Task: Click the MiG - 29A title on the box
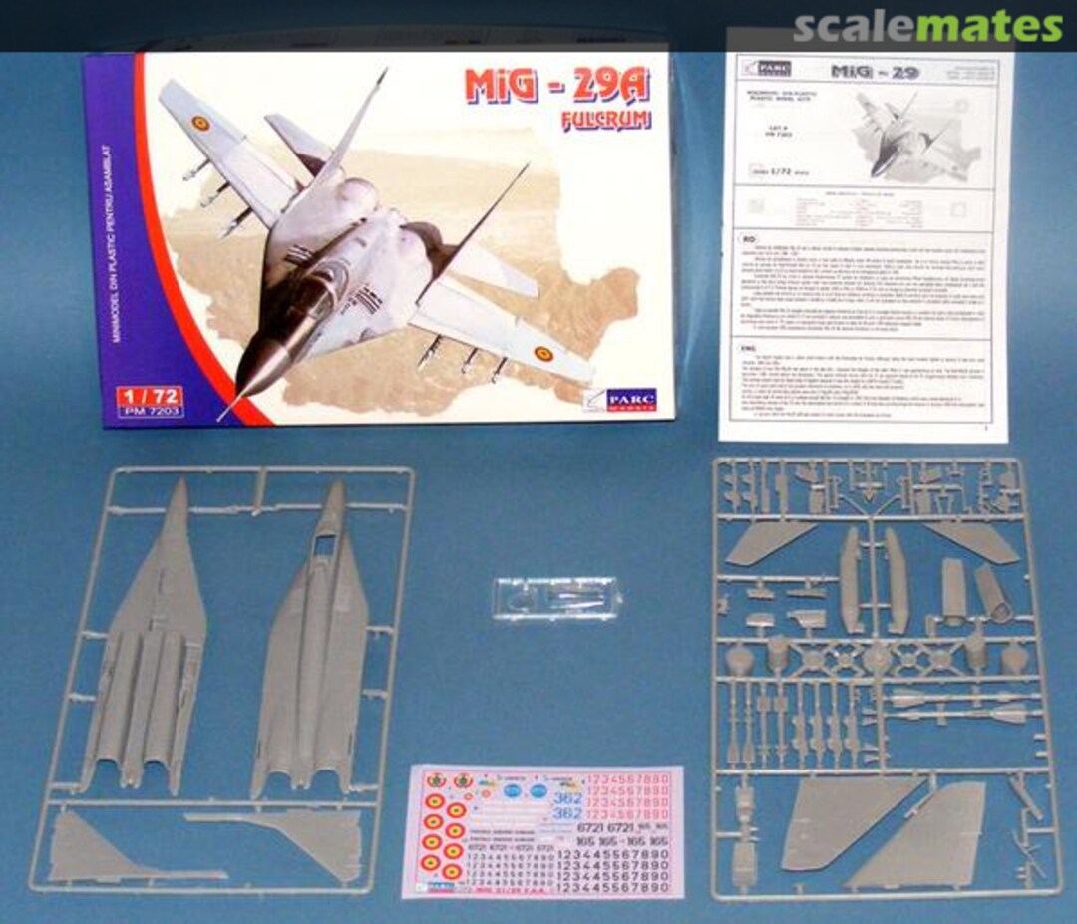[556, 88]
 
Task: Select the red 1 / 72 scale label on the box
[149, 394]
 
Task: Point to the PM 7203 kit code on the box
[149, 410]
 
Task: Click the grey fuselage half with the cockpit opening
[311, 638]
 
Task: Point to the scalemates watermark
[927, 27]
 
